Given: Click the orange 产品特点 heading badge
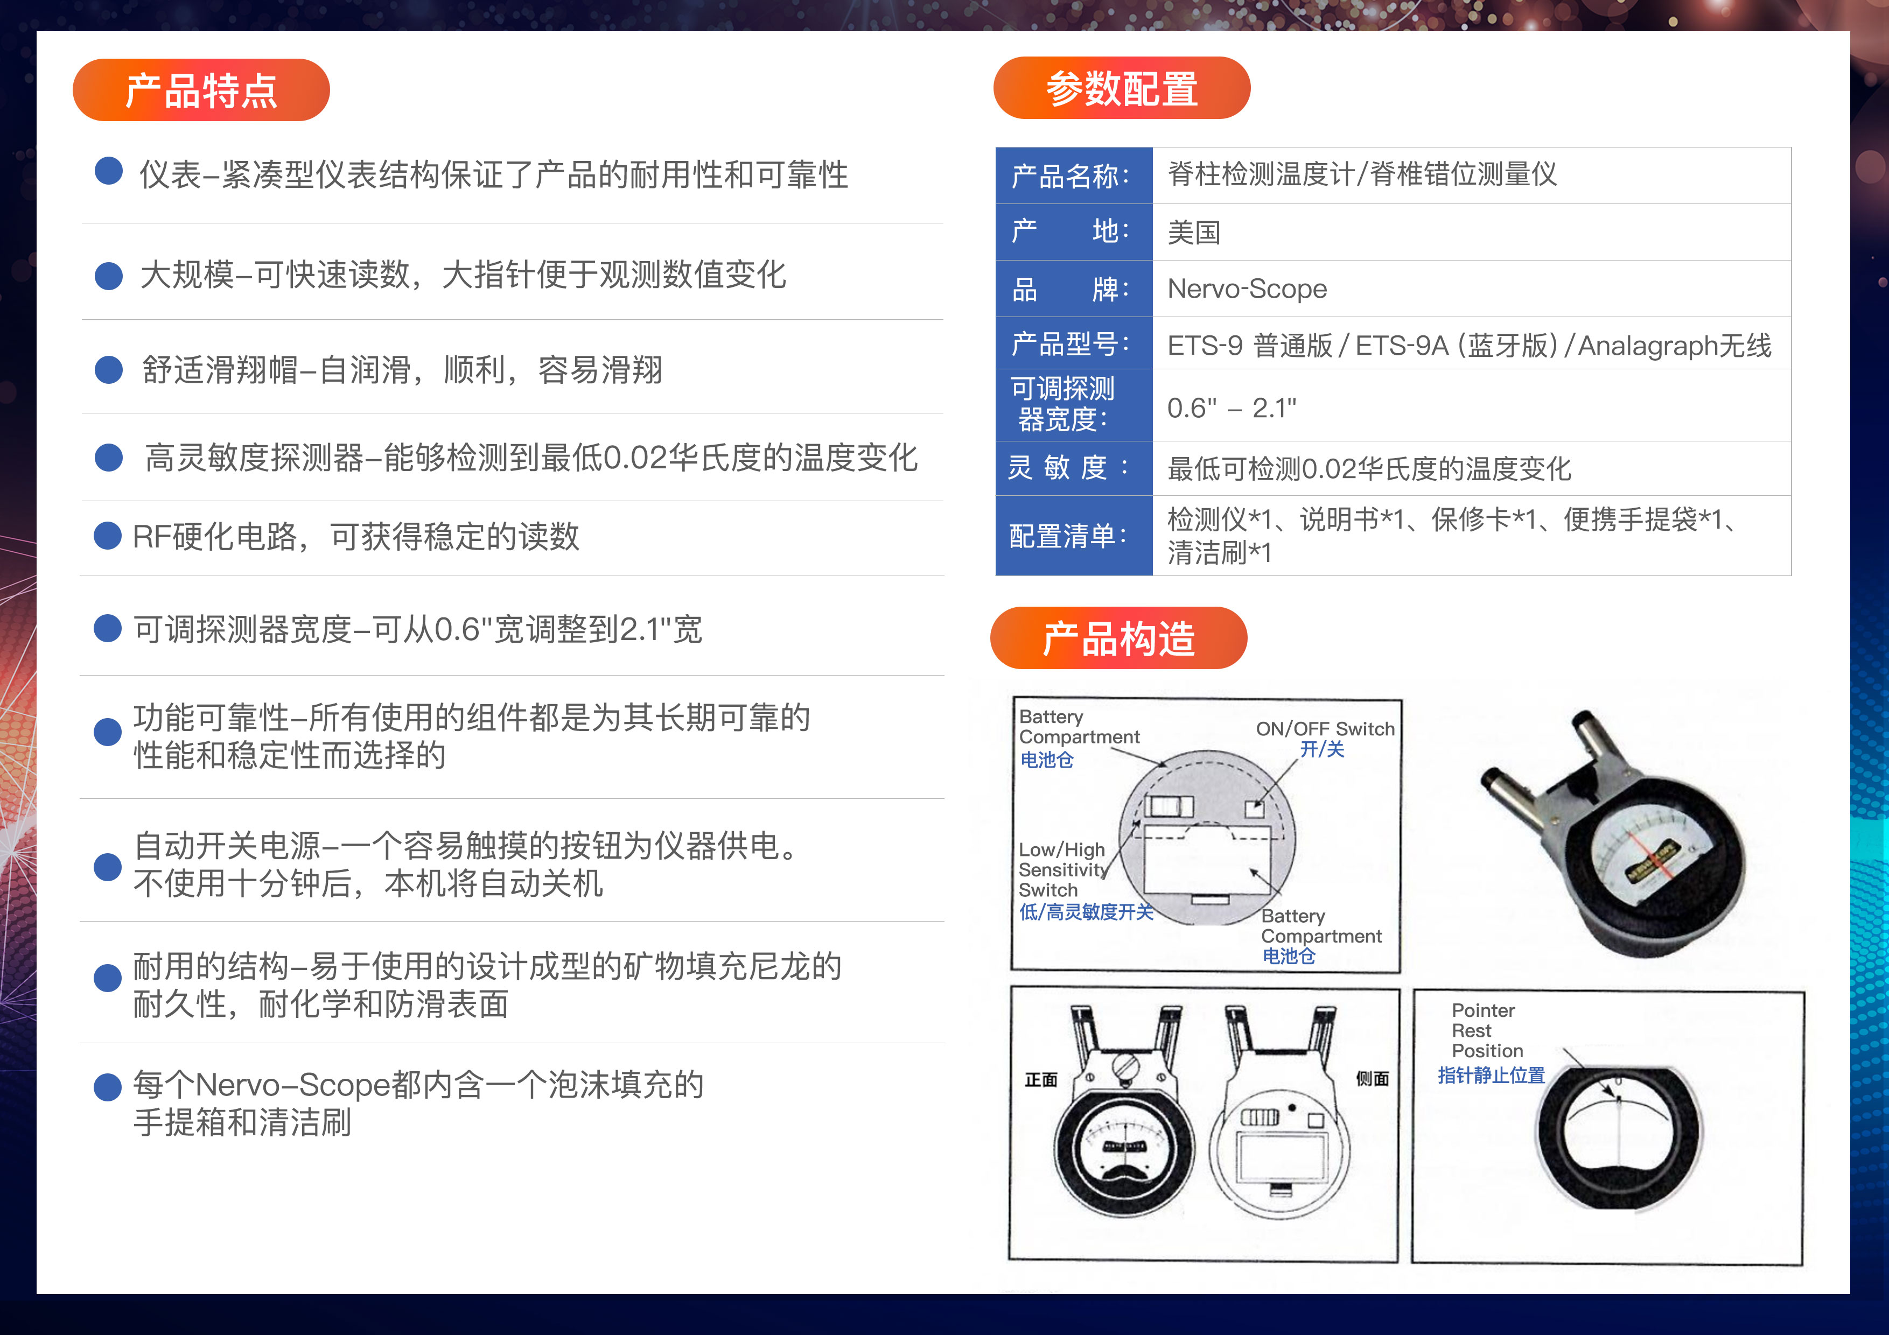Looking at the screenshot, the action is coord(201,90).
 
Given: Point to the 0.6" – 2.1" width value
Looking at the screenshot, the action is coord(1232,407).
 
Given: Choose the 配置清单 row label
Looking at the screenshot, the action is coord(1068,536).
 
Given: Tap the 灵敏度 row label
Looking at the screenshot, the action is coord(1069,467).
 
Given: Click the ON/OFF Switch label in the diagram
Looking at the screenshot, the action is coord(1325,729).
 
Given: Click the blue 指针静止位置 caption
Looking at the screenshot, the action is coord(1491,1075).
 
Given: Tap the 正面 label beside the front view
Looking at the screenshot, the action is coord(1041,1079).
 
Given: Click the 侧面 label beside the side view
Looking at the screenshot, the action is coord(1372,1078).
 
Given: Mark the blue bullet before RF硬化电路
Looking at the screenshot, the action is coord(108,536).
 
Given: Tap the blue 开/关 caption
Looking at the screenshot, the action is coord(1321,749).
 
